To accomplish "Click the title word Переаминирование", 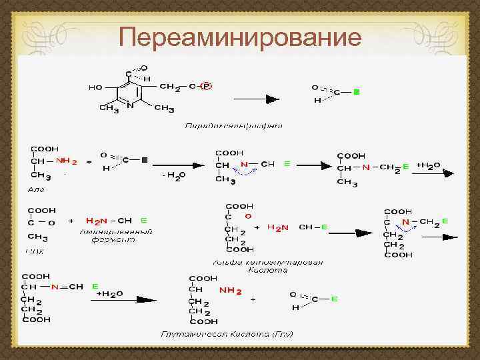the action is click(x=240, y=37).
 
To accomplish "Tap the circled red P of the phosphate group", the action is click(x=206, y=86).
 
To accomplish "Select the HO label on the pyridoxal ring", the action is click(x=96, y=87).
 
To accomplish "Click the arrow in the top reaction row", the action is click(x=254, y=99).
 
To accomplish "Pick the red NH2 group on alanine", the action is click(x=67, y=161).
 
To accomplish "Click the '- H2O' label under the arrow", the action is click(x=175, y=175).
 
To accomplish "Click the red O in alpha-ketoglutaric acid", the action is click(x=248, y=216).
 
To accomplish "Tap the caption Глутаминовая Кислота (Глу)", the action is click(x=227, y=333).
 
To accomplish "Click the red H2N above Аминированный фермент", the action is click(x=98, y=220).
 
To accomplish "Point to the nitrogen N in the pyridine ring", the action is click(x=131, y=105).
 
